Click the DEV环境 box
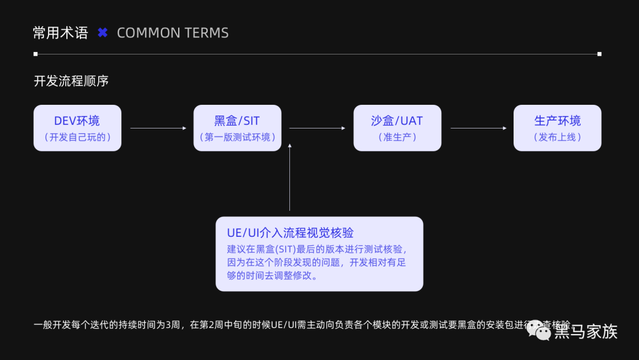click(x=77, y=128)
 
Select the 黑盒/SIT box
click(x=237, y=128)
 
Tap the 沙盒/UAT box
click(x=397, y=128)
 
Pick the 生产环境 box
click(x=557, y=128)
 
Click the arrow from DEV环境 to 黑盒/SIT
click(x=157, y=128)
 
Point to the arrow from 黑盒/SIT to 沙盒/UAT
click(x=317, y=128)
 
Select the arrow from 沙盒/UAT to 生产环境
click(x=478, y=128)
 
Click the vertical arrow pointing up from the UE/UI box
click(x=290, y=178)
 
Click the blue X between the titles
click(x=102, y=33)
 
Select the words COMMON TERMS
click(x=173, y=33)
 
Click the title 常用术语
click(x=60, y=33)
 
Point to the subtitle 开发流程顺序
click(x=71, y=81)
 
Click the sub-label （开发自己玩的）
click(x=77, y=137)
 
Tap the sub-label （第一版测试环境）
click(x=237, y=137)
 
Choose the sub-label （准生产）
click(x=397, y=137)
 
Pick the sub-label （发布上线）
click(x=557, y=137)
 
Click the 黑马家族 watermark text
click(x=586, y=332)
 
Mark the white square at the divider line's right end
click(x=599, y=54)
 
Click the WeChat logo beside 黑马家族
click(x=538, y=330)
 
